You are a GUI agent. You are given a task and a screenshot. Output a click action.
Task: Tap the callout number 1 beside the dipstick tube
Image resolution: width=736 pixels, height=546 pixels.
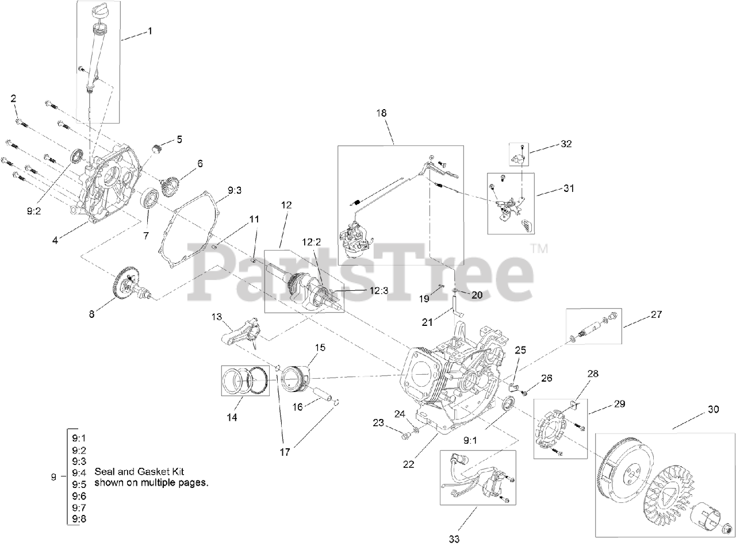tap(150, 30)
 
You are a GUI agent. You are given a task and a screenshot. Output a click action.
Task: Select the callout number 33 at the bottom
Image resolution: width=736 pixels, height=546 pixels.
tap(454, 539)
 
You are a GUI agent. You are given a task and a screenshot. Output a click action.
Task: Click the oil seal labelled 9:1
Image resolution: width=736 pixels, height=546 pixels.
tap(508, 403)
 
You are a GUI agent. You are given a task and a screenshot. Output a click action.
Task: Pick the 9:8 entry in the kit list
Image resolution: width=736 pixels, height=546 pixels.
tap(79, 519)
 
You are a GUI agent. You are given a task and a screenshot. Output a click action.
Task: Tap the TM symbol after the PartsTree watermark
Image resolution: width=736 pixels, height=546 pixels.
tap(539, 249)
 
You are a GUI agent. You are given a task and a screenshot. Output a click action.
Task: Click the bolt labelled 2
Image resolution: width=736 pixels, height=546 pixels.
tap(20, 121)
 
